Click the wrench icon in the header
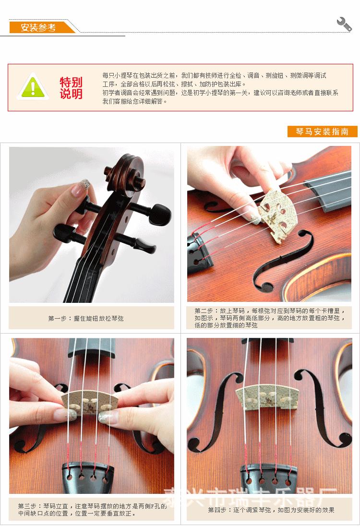344,24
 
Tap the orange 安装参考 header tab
40,27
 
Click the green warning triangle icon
33,87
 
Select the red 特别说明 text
71,88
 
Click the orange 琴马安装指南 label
322,132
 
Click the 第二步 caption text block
269,318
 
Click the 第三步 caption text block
91,509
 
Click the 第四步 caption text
271,510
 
